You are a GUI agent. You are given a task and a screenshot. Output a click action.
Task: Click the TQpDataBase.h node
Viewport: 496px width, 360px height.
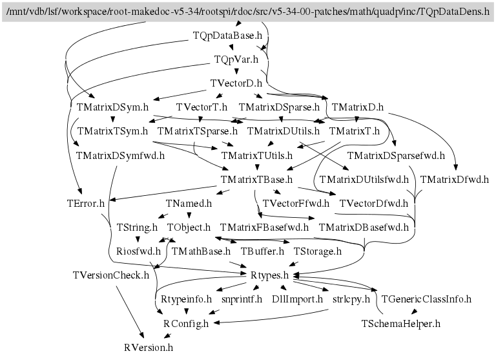[x=227, y=36]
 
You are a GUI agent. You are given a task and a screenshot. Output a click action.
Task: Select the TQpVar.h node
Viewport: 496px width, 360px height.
[x=236, y=59]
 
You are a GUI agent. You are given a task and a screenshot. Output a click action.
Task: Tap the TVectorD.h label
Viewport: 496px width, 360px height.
[x=236, y=83]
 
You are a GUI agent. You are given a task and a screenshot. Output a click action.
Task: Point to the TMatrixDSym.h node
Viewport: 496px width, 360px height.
[x=112, y=107]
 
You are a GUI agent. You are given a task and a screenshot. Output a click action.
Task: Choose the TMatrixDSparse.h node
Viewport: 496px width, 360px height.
[x=279, y=107]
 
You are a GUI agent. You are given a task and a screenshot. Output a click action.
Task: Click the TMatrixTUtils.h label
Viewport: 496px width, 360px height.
[x=257, y=156]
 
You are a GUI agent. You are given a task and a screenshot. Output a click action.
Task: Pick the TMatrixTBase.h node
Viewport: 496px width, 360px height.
[x=256, y=180]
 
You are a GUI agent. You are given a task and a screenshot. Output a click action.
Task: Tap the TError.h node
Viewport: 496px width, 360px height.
[x=85, y=204]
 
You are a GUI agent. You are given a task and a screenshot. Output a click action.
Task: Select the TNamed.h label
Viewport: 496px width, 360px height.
[x=189, y=204]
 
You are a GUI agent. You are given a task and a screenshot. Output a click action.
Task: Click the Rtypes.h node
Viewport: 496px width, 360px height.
[x=269, y=275]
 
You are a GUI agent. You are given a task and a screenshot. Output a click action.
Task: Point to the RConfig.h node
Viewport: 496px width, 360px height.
[x=186, y=324]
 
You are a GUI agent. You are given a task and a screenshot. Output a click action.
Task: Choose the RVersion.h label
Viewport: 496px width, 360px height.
[x=149, y=347]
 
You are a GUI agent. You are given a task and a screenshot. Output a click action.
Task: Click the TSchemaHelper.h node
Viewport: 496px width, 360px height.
[x=401, y=324]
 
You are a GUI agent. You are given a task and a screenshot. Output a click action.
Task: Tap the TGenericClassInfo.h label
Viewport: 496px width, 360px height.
[x=426, y=299]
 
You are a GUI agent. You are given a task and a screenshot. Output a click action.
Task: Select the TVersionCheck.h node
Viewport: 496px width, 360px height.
[x=110, y=275]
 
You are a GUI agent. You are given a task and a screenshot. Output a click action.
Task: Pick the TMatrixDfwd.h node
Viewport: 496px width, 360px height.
[x=454, y=180]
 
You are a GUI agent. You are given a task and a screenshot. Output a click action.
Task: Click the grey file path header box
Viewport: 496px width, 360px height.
[x=248, y=12]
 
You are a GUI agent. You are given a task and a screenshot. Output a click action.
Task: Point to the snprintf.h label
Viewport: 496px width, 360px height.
[x=242, y=299]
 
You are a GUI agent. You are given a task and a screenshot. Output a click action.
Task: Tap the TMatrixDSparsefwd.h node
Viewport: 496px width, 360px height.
[x=396, y=156]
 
